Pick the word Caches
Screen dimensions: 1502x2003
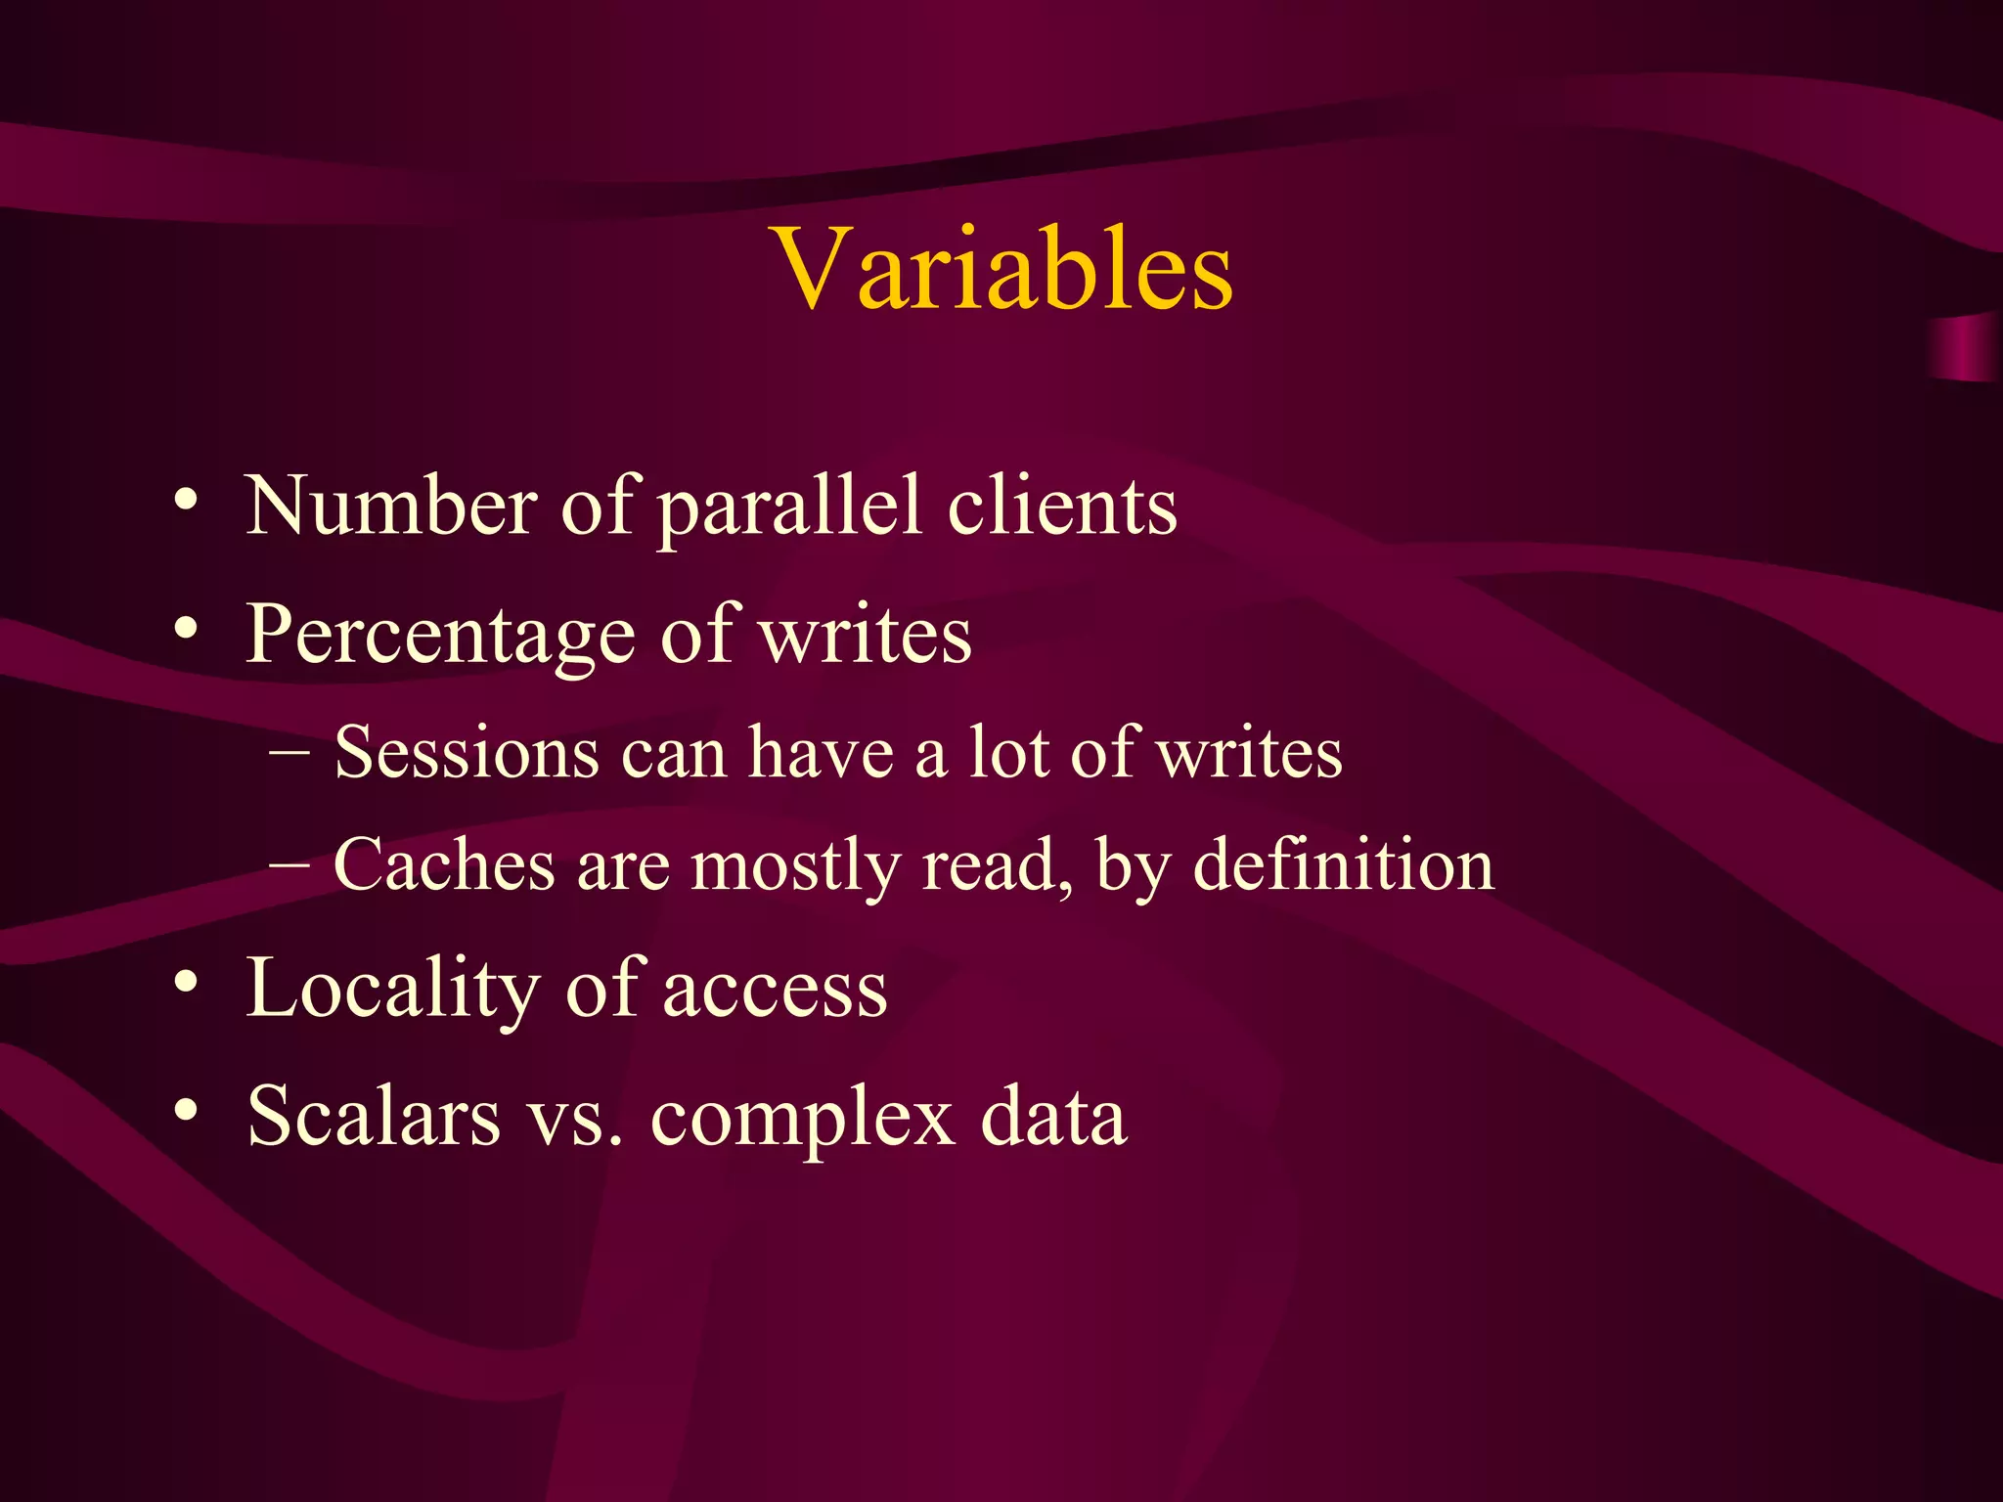(x=444, y=865)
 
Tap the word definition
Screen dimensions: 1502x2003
(x=1344, y=865)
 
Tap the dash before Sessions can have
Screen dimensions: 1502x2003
(x=289, y=753)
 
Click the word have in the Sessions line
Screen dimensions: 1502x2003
(x=821, y=753)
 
